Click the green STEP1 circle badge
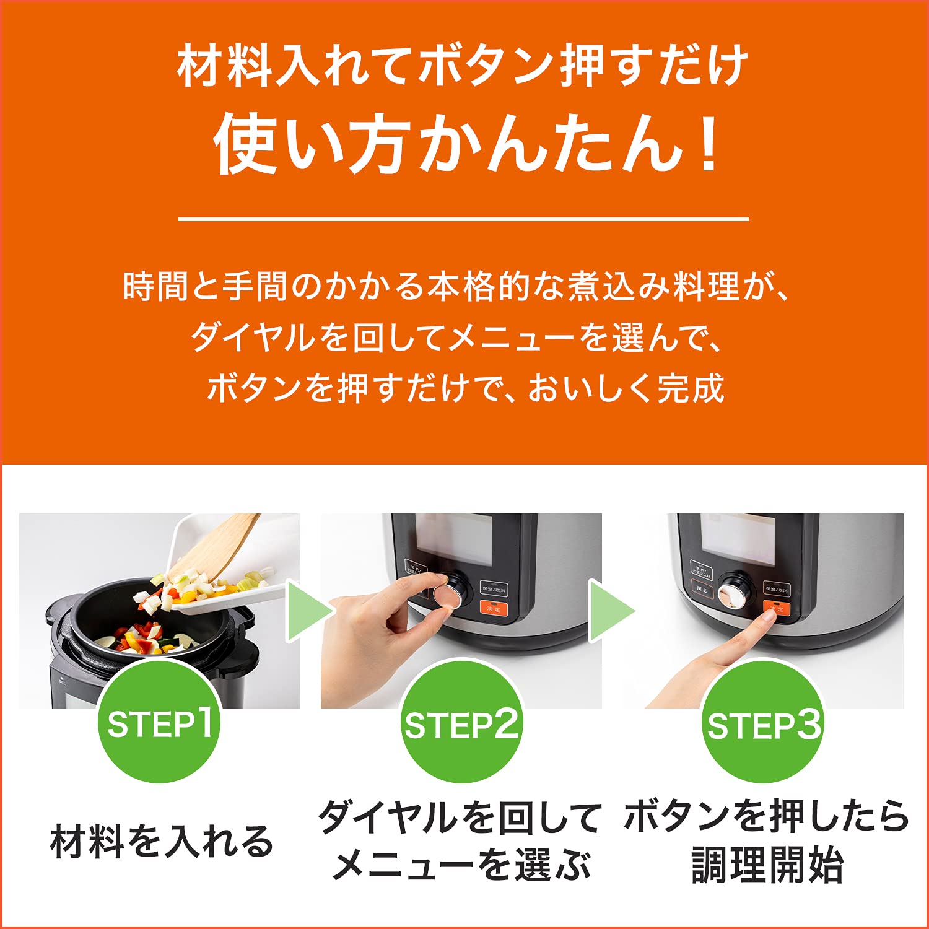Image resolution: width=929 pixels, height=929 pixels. [159, 722]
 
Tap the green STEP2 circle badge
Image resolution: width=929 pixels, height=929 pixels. [461, 722]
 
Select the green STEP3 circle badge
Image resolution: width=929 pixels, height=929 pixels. [763, 722]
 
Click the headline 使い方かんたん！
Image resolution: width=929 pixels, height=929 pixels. [464, 144]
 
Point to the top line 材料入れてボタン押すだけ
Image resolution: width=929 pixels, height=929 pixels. [463, 66]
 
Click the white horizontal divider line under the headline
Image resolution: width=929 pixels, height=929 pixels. [463, 219]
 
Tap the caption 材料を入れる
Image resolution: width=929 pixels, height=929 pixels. [161, 841]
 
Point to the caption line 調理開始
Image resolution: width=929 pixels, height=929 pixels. [767, 865]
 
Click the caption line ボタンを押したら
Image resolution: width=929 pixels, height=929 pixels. [767, 816]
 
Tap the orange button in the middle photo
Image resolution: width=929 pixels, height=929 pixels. [494, 608]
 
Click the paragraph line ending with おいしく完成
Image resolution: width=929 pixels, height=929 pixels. [464, 389]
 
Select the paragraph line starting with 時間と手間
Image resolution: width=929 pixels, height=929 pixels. [455, 287]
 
